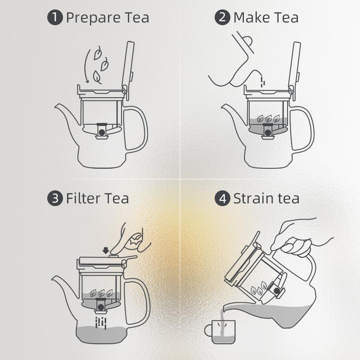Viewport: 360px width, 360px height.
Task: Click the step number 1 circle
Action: (55, 17)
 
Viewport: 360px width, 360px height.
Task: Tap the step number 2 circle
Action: (222, 17)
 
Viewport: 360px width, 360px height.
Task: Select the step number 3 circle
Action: (55, 198)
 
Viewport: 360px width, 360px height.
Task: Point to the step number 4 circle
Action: (222, 198)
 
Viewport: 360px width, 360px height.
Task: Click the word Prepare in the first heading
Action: (93, 18)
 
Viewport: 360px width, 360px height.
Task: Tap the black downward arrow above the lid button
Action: (106, 251)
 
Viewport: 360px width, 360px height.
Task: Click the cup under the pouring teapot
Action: (220, 332)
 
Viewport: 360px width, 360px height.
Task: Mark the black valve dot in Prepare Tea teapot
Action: (102, 132)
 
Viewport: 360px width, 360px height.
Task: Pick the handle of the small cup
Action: (208, 330)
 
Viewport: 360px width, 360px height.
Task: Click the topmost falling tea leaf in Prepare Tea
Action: (98, 53)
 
